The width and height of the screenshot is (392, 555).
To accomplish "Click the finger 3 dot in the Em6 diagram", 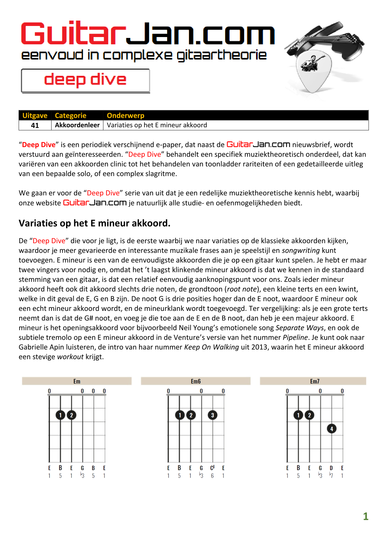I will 212,415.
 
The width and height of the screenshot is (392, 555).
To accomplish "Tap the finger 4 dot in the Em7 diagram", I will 332,429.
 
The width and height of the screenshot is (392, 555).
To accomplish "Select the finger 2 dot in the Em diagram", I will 72,415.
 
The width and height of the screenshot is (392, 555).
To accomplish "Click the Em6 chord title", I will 196,381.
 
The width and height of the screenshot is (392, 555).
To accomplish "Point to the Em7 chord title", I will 315,381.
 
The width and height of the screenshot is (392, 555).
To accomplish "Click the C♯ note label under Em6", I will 212,468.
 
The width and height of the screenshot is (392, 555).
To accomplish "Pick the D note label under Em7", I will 331,468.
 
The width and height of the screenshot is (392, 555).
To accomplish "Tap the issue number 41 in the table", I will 35,125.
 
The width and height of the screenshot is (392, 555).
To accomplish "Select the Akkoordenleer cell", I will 77,125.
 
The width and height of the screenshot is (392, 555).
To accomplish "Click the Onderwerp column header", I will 126,116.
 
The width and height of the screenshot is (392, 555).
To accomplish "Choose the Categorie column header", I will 70,116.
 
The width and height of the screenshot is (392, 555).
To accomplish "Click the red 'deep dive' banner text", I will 85,80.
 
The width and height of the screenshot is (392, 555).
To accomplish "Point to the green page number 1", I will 366,516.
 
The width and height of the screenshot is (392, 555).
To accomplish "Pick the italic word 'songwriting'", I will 301,250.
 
